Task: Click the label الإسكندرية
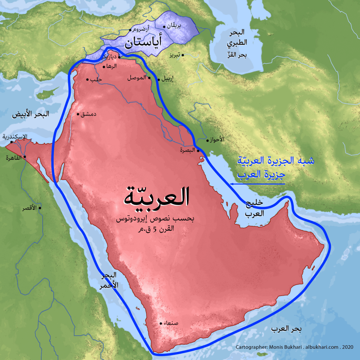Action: [x=14, y=136]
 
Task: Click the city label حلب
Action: [x=96, y=80]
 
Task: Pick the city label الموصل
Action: [x=137, y=78]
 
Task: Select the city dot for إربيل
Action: [x=158, y=79]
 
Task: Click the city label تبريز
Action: [x=174, y=55]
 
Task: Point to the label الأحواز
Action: [x=217, y=140]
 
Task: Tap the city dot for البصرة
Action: [x=198, y=150]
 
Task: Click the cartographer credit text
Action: [x=296, y=347]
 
